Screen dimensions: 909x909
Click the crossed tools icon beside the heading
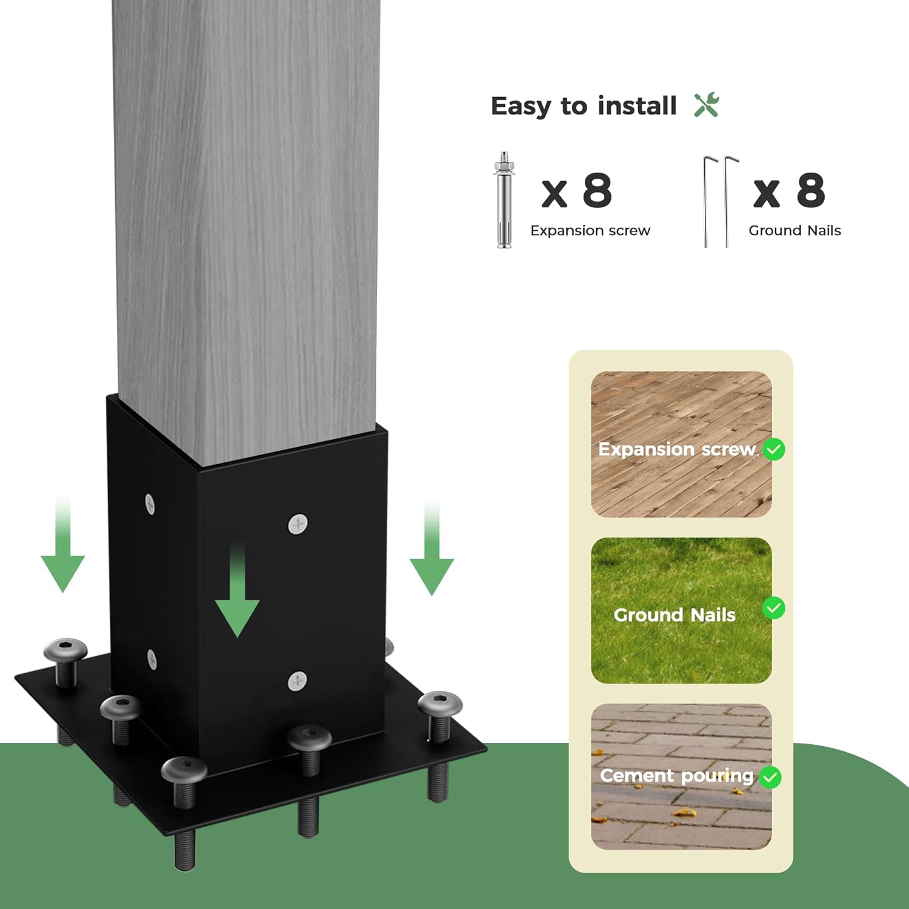pos(707,105)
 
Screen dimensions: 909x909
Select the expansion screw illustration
pos(504,200)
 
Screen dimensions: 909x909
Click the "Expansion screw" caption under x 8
pos(590,230)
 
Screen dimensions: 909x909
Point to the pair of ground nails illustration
pos(721,202)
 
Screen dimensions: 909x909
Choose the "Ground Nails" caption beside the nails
pos(794,230)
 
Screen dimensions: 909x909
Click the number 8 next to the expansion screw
pos(598,190)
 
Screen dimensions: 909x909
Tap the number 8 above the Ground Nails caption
pos(811,190)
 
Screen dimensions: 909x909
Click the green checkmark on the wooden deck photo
pos(774,449)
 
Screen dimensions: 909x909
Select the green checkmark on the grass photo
pos(774,608)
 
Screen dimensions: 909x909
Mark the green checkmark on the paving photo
pos(770,777)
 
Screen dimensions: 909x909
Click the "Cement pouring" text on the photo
pos(676,776)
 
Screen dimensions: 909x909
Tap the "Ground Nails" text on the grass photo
pos(674,615)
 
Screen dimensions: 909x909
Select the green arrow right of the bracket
pos(431,548)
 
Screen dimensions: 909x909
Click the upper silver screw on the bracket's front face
pos(297,524)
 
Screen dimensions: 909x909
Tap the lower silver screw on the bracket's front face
pos(297,681)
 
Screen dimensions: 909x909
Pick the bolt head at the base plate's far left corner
pos(65,650)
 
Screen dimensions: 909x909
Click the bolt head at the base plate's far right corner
pos(440,704)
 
